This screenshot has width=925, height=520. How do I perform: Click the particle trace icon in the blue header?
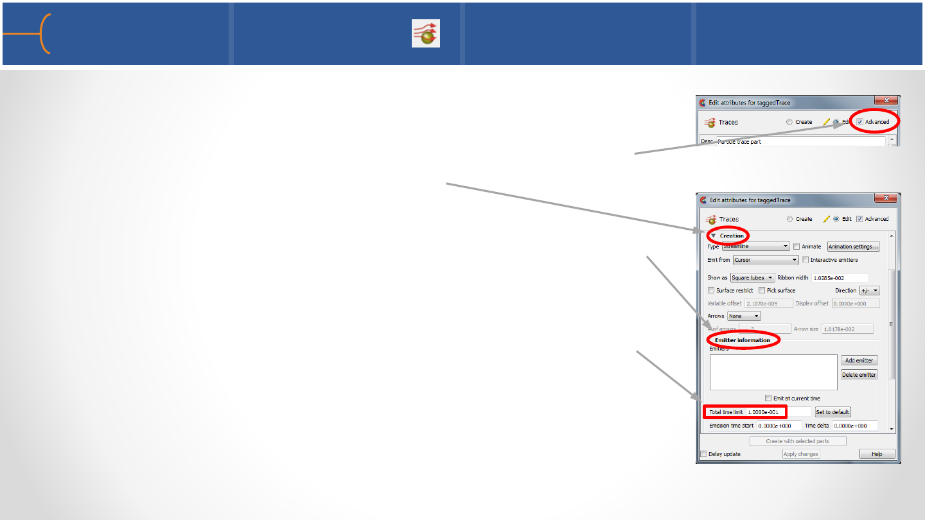[426, 33]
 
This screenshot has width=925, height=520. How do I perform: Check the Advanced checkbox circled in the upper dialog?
[859, 122]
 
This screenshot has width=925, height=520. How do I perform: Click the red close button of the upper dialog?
[886, 101]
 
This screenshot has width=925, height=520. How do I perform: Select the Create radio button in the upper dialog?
[790, 122]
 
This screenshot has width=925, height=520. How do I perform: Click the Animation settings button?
[853, 247]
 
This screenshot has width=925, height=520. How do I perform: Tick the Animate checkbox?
[797, 247]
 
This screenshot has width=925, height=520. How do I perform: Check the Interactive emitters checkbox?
[806, 260]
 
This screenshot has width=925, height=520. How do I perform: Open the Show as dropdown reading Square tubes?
[752, 278]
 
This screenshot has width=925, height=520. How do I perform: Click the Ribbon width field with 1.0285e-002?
[840, 278]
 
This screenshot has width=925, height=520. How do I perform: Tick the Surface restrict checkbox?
[711, 291]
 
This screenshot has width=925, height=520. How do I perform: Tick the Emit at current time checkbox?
[768, 399]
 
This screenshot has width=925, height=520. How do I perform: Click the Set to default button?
[833, 412]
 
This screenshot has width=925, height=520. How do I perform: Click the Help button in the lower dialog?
[877, 454]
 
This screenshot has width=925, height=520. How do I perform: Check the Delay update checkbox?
[703, 454]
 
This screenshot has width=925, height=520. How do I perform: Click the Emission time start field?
[779, 426]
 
